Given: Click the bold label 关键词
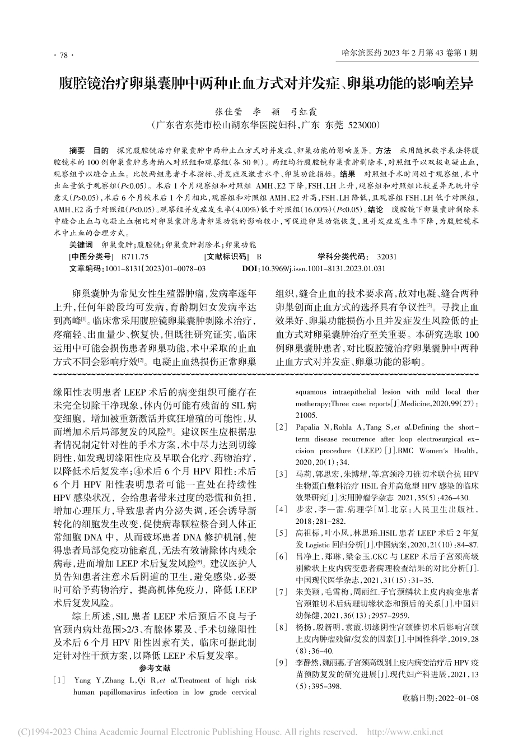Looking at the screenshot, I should coord(81,245).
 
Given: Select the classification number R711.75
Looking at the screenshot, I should coord(134,257).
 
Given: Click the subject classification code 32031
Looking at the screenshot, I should coord(387,257).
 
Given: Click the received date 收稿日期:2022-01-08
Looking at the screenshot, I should coord(441,699).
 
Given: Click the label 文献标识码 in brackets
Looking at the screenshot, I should coord(227,257).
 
